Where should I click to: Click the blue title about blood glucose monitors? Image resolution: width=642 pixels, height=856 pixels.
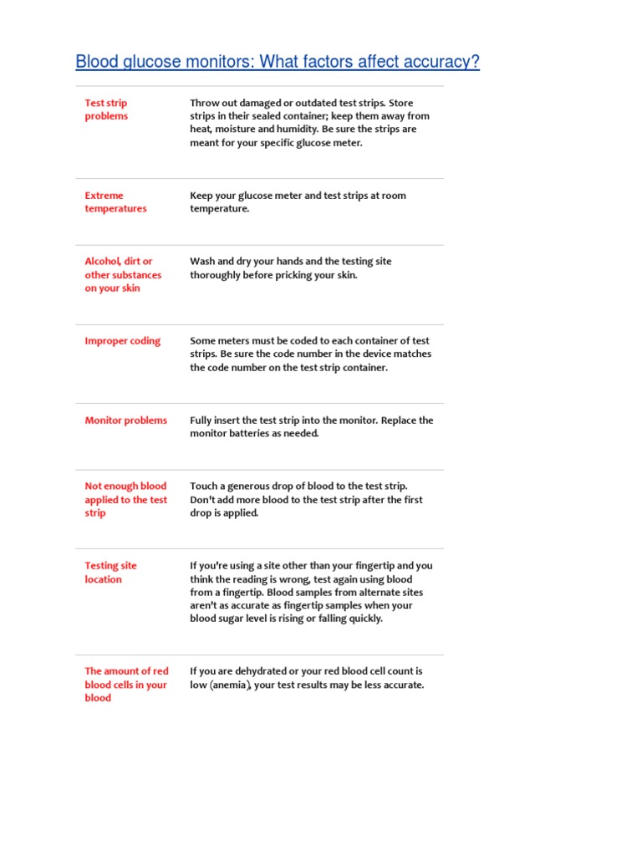[278, 62]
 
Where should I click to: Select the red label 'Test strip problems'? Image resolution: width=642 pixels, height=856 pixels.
[106, 110]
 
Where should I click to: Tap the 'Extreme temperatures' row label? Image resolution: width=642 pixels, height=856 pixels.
[115, 202]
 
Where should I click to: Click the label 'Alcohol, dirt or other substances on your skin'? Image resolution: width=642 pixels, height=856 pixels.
[123, 275]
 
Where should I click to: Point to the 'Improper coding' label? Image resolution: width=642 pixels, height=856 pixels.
[123, 341]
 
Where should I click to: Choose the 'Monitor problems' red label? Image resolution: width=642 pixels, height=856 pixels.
[125, 420]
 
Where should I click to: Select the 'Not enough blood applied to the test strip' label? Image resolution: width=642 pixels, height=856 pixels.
[125, 499]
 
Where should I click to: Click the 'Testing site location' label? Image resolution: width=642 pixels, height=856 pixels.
[110, 573]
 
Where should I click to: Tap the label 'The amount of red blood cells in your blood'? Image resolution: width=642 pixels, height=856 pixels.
[126, 685]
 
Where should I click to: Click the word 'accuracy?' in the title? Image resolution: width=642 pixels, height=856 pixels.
[439, 62]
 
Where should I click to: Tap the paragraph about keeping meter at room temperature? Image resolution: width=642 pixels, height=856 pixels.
[298, 202]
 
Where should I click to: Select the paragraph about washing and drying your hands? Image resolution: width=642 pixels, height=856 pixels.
[290, 268]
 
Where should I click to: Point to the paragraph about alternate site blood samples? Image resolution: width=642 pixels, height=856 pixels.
[311, 592]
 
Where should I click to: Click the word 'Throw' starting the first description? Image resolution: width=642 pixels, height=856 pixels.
[205, 103]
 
